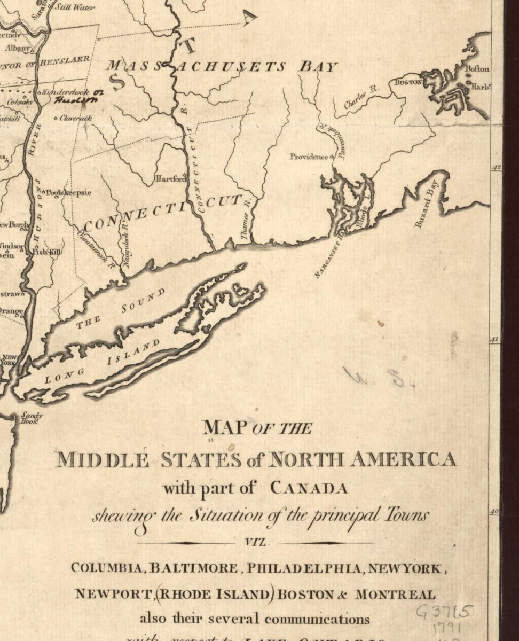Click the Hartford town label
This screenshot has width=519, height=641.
point(170,178)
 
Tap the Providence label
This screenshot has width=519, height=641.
point(309,157)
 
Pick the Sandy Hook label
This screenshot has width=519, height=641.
point(31,418)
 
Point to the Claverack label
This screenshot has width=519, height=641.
point(75,118)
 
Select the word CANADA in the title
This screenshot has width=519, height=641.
point(309,488)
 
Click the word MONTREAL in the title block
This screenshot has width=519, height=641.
point(395,594)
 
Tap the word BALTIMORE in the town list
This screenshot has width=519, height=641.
point(193,568)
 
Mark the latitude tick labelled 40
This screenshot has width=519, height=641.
point(495,512)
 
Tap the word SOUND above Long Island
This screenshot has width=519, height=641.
point(143,301)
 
